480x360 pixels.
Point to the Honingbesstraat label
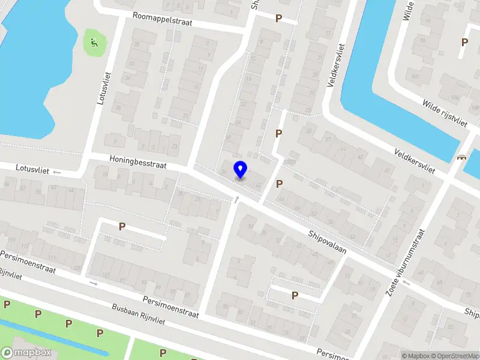137,162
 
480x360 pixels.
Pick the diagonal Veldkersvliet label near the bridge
415,161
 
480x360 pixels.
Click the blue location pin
240,170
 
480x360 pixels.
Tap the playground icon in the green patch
94,43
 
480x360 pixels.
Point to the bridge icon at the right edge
461,158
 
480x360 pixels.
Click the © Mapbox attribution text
416,356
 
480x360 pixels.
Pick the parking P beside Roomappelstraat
278,19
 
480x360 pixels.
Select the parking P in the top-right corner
464,42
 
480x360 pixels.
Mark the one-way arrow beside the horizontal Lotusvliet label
57,172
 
